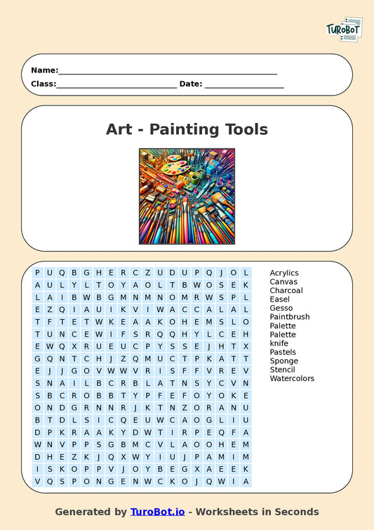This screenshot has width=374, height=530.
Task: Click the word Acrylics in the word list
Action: point(284,273)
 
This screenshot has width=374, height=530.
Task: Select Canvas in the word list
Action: point(283,282)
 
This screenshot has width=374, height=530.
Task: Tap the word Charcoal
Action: point(286,290)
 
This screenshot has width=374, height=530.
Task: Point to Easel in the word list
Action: point(279,299)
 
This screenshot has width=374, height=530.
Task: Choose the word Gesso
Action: point(281,308)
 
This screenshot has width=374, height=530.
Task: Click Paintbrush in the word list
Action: point(289,317)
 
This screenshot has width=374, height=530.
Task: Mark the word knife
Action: point(279,343)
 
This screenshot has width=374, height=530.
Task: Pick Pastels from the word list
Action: point(283,352)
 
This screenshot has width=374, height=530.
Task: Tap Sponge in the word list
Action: point(283,361)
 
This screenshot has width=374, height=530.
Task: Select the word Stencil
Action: point(283,370)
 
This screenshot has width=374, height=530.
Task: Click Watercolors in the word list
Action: point(292,378)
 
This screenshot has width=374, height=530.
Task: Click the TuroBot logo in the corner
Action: point(344,30)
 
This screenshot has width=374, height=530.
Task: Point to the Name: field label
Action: point(44,70)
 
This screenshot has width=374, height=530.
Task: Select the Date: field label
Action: point(191,84)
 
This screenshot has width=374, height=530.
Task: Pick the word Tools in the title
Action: point(246,129)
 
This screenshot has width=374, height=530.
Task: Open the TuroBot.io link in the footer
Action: point(158,512)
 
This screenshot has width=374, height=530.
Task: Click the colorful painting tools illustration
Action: point(187,196)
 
